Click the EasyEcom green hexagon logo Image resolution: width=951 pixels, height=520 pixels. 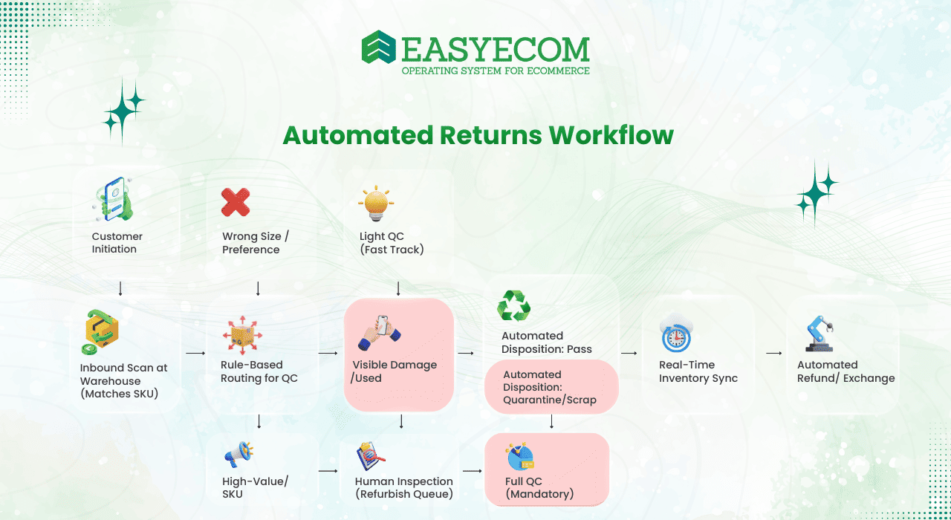coord(379,48)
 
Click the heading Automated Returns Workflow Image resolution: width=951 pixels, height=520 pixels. coord(478,135)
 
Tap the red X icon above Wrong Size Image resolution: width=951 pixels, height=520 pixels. coord(236,202)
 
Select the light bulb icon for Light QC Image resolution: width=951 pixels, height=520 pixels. coord(376,204)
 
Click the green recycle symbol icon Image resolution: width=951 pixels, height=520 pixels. coord(513,305)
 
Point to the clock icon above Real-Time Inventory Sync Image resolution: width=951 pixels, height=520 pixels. coord(676,334)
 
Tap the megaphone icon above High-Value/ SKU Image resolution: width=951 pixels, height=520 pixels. coord(240,453)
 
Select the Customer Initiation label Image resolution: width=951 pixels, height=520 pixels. coord(117,243)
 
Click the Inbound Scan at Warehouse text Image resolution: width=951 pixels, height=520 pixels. coord(124,380)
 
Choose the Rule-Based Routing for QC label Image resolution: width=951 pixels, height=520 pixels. coord(259,371)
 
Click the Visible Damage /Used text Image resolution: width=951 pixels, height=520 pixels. coord(395,371)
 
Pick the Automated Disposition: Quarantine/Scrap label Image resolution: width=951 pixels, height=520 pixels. coord(549,387)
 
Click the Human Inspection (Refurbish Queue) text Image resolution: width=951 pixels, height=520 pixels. coord(403,487)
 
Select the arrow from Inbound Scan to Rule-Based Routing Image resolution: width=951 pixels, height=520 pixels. coord(195,353)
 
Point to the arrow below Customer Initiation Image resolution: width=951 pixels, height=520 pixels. coord(120,288)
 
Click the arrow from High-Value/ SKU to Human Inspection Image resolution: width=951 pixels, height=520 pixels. coord(328,470)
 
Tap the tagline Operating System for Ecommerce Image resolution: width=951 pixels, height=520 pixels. coord(496,71)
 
